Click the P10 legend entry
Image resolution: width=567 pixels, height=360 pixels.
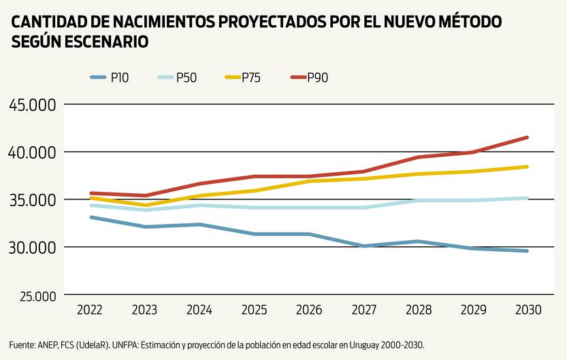click(109, 78)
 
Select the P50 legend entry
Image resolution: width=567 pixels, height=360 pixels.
click(176, 78)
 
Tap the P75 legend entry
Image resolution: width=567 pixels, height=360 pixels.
click(242, 78)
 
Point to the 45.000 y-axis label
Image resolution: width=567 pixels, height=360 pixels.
click(33, 105)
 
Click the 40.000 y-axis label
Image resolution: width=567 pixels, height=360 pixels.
click(33, 152)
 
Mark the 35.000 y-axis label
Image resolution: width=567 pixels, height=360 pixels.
click(33, 200)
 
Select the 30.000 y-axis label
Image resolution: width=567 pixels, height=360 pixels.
click(33, 247)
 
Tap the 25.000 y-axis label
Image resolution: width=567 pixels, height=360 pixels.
click(33, 296)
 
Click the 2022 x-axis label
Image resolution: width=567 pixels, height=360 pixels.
click(90, 310)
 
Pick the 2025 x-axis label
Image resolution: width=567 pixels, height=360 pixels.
click(255, 310)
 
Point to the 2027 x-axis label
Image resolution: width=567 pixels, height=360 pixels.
click(364, 310)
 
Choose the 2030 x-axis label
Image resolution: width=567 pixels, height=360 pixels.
click(528, 310)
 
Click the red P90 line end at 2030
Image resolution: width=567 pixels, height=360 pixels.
click(528, 137)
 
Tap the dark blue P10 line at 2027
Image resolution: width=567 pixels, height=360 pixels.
click(364, 246)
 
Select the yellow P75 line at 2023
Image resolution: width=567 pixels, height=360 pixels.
click(145, 205)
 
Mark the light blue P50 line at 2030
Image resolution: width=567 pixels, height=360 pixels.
click(528, 198)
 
